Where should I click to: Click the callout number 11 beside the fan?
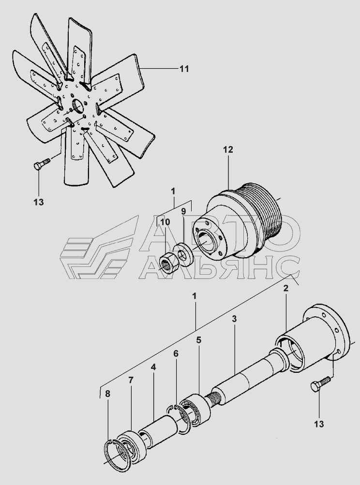(x=184, y=69)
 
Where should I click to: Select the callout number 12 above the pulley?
(x=228, y=150)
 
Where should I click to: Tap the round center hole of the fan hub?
(x=77, y=105)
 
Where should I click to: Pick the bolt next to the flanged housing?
(x=319, y=385)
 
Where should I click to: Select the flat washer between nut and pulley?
(x=183, y=253)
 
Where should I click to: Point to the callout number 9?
(x=183, y=211)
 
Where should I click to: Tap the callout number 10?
(x=165, y=222)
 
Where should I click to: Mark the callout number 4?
(x=153, y=367)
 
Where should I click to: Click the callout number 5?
(x=198, y=340)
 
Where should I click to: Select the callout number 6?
(x=176, y=354)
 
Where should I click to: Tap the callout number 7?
(x=131, y=381)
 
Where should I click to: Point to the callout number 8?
(x=107, y=394)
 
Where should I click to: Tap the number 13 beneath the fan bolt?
(x=38, y=202)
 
